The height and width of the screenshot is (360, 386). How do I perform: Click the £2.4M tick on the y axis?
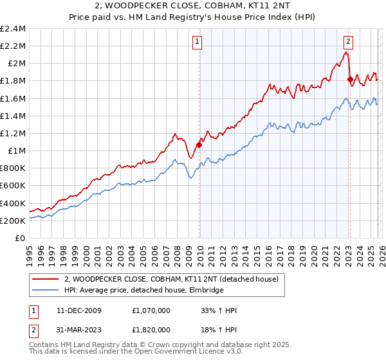13,28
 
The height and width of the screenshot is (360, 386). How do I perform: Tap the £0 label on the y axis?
21,238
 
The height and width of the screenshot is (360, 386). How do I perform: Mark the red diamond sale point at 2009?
199,145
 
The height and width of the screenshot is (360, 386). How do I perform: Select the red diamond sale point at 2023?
350,79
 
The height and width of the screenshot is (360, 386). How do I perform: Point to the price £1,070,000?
152,310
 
